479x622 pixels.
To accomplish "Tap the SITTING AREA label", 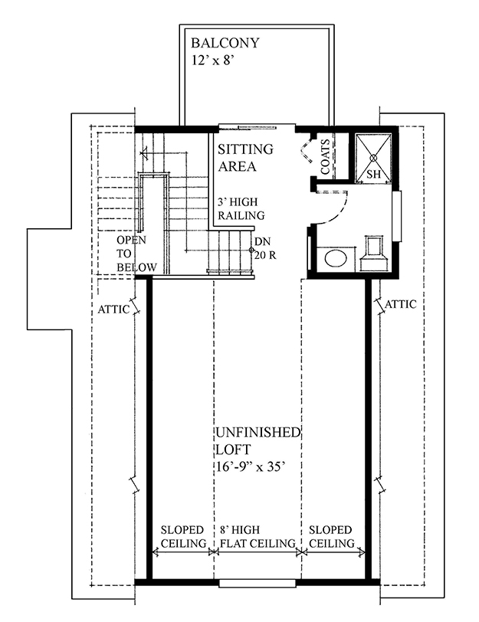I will (236, 157).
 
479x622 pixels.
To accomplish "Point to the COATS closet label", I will (326, 156).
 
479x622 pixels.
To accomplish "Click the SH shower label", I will (373, 175).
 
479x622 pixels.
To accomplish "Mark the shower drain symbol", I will (373, 157).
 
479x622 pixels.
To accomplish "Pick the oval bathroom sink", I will (335, 257).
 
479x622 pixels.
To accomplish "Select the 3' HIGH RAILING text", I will (241, 209).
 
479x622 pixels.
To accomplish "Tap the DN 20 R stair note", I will (264, 248).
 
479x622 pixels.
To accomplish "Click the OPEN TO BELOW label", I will (136, 254).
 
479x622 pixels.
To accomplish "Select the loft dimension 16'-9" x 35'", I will (261, 466).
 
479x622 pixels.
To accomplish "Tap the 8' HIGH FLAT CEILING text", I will (258, 537).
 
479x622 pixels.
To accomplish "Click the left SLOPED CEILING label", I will (182, 537).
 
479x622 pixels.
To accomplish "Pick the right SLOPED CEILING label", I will (330, 537).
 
